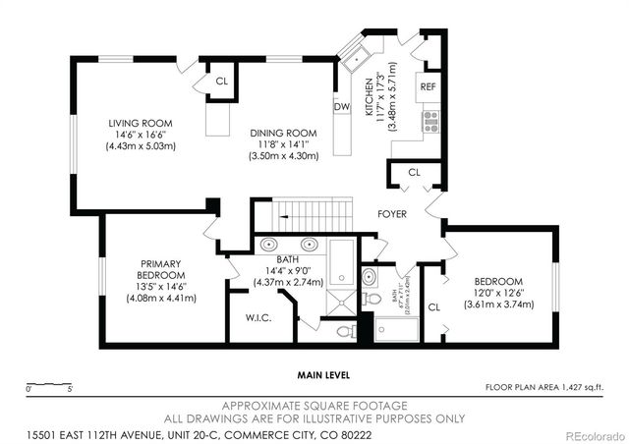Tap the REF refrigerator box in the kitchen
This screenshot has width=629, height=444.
(x=429, y=86)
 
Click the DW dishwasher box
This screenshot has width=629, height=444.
(x=342, y=106)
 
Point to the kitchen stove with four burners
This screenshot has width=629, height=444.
(x=429, y=120)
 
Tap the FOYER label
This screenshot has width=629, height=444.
(x=393, y=213)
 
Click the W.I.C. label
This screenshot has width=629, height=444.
(x=257, y=318)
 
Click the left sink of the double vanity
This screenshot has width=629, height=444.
(x=269, y=246)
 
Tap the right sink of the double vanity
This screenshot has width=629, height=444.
(x=299, y=246)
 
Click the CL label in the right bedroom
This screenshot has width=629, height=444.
(x=434, y=306)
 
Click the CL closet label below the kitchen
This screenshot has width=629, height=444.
(x=414, y=173)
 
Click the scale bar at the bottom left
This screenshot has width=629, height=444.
(x=49, y=383)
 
